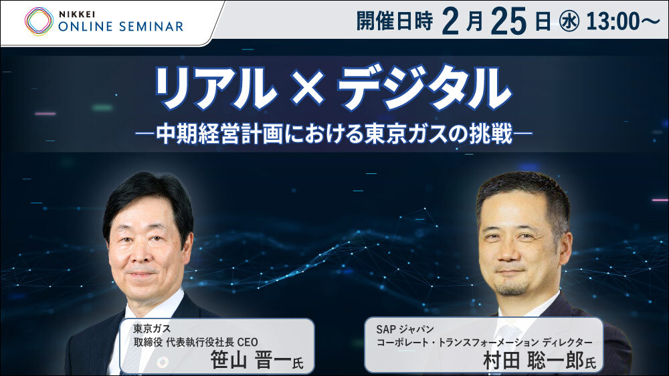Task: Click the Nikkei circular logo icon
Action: tap(39, 21)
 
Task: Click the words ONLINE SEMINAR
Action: tap(120, 27)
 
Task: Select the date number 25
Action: tap(508, 21)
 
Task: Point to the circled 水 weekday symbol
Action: tap(569, 22)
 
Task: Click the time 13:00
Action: tap(612, 21)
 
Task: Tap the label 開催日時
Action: tap(394, 21)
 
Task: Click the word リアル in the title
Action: tap(216, 88)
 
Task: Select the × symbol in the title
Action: tap(307, 89)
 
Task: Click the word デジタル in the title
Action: tap(424, 88)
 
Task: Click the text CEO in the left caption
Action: tap(248, 342)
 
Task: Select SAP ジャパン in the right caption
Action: tap(405, 329)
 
